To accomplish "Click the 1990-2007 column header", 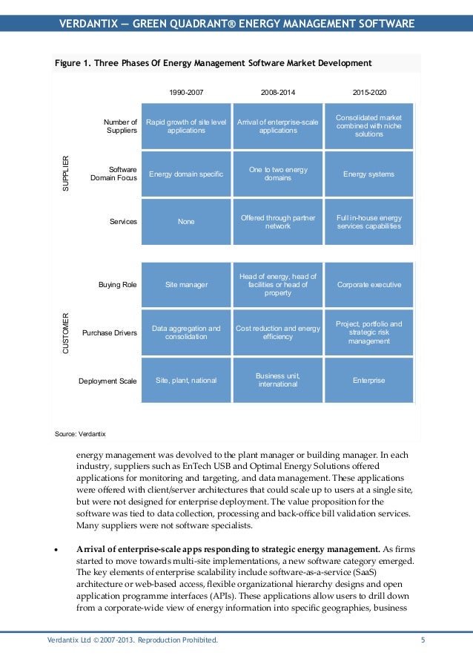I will tap(186, 93).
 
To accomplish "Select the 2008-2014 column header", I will tap(278, 93).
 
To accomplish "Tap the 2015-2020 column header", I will tap(368, 93).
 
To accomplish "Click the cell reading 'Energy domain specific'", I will tap(186, 174).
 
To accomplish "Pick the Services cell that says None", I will tap(186, 221).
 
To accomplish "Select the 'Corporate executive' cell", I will tap(368, 284).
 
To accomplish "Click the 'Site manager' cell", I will tap(186, 284).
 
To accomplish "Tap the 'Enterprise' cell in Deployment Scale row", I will tap(368, 381).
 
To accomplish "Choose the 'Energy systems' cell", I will tap(368, 174).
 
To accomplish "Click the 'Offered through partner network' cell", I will tap(278, 221).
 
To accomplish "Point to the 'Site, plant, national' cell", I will tap(186, 381).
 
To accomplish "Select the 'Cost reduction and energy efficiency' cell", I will tap(278, 332).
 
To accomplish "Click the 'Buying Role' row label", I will tap(117, 284).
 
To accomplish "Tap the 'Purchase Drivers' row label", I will tap(110, 333).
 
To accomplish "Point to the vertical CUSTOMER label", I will tap(65, 332).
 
